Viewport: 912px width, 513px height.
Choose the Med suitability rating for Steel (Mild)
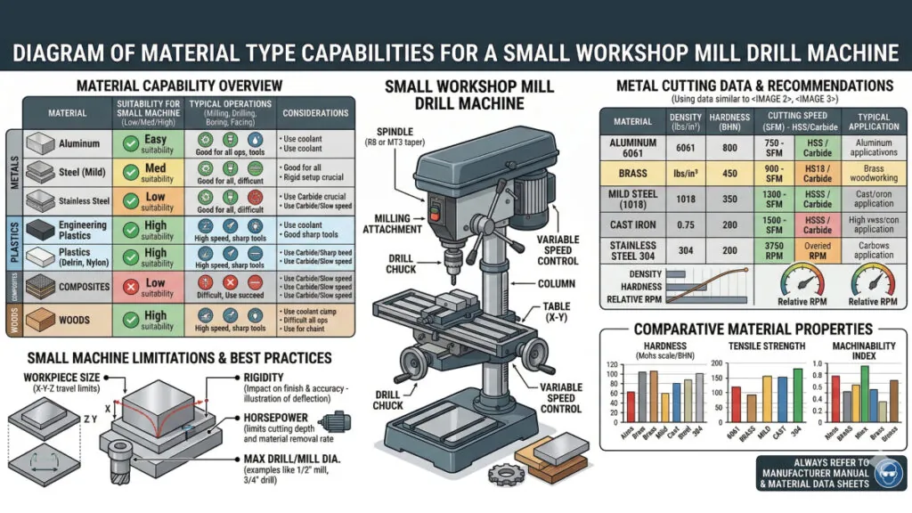(157, 167)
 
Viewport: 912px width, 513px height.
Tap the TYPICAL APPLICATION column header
(874, 121)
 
